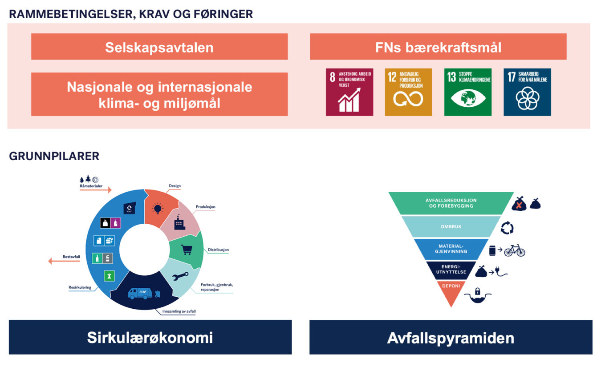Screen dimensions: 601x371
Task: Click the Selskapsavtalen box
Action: tap(159, 46)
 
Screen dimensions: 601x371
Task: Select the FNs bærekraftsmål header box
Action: tap(438, 46)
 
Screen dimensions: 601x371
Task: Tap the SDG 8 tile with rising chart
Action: tap(349, 92)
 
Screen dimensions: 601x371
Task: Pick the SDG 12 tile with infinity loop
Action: tap(408, 92)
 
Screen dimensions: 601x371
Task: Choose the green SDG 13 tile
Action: tap(467, 92)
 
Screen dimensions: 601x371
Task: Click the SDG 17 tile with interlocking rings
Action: tap(527, 92)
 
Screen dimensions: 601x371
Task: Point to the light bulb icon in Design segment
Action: tap(158, 208)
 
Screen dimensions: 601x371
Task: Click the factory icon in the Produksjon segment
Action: tap(179, 222)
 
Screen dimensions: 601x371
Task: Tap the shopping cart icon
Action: tap(187, 250)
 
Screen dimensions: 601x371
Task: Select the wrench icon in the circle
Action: tap(180, 276)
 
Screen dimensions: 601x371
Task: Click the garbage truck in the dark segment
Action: tap(140, 293)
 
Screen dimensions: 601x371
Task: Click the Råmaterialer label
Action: tap(91, 186)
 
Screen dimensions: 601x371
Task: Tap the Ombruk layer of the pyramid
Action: tap(451, 226)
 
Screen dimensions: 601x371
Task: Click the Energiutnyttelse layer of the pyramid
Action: tap(451, 270)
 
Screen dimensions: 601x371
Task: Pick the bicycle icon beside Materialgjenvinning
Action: tap(515, 250)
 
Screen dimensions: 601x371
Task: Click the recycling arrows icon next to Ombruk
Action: tap(507, 228)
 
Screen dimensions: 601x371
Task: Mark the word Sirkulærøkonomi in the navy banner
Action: tap(150, 337)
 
